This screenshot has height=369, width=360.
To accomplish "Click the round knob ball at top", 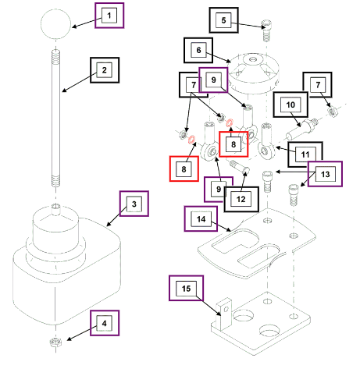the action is tap(55, 24).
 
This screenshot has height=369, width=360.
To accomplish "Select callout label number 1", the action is tap(109, 16).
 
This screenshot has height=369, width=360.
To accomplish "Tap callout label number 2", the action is tap(105, 70).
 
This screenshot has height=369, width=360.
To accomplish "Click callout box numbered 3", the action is tap(134, 204).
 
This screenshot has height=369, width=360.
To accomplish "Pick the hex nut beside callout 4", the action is tap(55, 342).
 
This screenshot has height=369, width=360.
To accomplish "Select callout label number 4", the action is tap(105, 323).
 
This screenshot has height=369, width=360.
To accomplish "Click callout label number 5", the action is tap(224, 20).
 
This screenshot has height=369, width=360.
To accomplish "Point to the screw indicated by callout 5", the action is tap(266, 30).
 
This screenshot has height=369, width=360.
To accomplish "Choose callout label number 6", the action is tap(198, 50).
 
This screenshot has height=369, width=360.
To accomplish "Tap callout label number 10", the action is tap(290, 105).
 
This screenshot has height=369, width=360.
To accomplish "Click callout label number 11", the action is tap(305, 154).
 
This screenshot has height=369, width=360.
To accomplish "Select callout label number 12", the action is tap(241, 199).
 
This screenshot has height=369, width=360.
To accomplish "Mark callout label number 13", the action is tap(325, 174).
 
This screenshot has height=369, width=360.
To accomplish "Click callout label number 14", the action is tap(201, 219).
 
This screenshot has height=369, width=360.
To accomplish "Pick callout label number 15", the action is tap(186, 288).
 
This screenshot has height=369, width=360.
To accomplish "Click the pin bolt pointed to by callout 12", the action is tap(240, 167).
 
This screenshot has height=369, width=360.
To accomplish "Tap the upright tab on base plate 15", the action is tap(224, 313).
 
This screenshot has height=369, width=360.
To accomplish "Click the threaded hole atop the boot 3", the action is tap(55, 207).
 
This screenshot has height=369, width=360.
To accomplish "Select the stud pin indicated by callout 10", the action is tap(302, 129).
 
